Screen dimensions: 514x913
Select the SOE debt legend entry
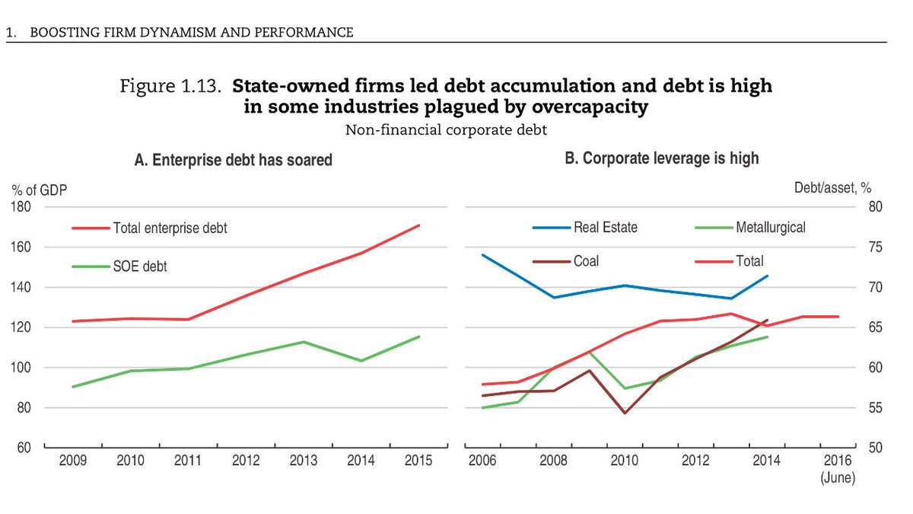click(x=141, y=267)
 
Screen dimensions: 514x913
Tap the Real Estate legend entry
click(x=605, y=227)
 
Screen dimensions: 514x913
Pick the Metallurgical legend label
click(x=770, y=227)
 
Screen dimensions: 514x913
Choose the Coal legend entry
click(x=586, y=261)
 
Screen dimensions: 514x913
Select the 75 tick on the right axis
click(x=875, y=247)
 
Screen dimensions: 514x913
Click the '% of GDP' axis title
click(x=37, y=190)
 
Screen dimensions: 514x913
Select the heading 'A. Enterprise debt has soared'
click(x=233, y=160)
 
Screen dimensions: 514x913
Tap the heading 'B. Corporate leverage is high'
click(x=661, y=158)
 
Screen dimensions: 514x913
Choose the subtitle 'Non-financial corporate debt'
click(x=446, y=130)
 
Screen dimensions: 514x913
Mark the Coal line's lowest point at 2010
click(x=625, y=413)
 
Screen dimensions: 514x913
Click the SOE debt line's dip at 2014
click(x=361, y=360)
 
